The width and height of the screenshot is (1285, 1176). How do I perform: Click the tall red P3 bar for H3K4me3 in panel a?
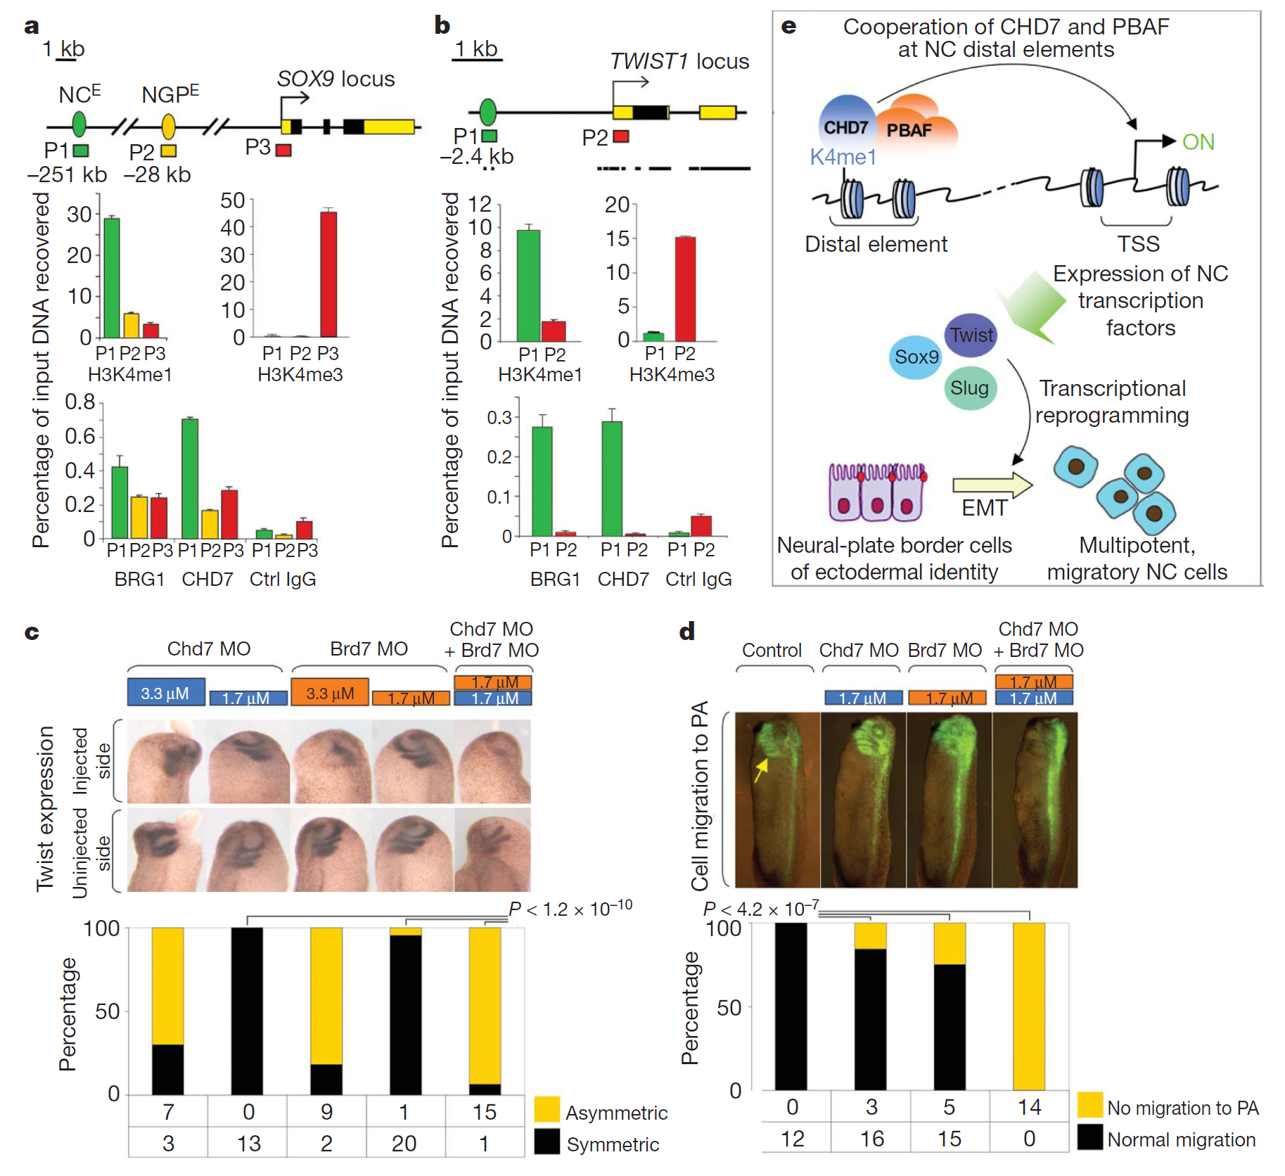tap(328, 274)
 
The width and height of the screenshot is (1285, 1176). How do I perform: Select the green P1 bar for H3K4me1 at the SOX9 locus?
tap(112, 278)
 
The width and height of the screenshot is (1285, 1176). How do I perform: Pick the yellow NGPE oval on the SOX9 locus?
tap(168, 126)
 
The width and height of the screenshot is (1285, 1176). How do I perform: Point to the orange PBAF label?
tap(909, 130)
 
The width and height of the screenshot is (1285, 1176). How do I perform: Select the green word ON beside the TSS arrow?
tap(1198, 142)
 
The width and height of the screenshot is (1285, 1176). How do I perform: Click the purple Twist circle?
tap(971, 335)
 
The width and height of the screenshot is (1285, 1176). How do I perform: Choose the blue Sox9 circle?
tap(915, 357)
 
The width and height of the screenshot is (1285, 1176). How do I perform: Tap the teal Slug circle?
tap(970, 388)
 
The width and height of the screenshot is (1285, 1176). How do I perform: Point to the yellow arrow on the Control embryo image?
tap(760, 769)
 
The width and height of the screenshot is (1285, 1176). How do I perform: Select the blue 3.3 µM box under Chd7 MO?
tap(166, 693)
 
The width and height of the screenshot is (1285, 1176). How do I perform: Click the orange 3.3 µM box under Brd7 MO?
tap(330, 693)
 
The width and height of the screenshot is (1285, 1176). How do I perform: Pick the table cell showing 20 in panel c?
tap(404, 1144)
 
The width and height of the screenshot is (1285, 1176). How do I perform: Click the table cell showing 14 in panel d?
tap(1029, 1107)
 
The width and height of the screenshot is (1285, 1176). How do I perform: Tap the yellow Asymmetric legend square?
tap(546, 1109)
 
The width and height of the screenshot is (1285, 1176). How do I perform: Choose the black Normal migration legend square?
tap(1090, 1137)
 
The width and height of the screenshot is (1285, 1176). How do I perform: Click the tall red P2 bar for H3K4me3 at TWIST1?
tap(685, 289)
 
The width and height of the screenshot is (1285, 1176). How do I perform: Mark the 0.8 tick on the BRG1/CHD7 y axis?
tap(101, 402)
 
